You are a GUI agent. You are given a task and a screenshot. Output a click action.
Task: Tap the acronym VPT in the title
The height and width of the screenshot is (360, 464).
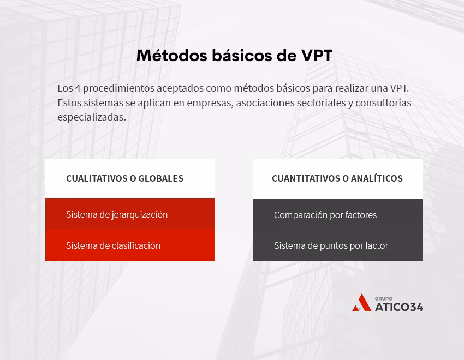(x=317, y=56)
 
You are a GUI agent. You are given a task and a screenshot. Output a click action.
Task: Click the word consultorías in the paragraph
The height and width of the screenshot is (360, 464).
(x=384, y=103)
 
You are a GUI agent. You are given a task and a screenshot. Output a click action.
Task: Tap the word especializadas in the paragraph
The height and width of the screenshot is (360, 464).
(x=91, y=117)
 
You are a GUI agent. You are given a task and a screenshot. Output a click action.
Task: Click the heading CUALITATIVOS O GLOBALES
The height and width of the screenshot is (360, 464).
(x=124, y=178)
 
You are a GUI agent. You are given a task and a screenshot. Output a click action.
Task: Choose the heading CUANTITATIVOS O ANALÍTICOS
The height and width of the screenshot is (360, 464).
(x=337, y=178)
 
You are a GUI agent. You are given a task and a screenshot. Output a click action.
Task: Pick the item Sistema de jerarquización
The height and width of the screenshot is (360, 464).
(x=117, y=214)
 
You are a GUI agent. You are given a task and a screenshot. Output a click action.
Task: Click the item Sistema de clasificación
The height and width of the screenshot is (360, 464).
(x=113, y=245)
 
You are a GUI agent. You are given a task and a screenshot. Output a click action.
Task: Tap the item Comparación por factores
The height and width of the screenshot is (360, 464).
(x=325, y=215)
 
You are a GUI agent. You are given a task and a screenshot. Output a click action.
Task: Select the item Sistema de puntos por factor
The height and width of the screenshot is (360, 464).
(x=331, y=245)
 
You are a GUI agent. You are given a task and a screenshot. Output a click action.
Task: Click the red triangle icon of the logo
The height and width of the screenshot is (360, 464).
(x=361, y=303)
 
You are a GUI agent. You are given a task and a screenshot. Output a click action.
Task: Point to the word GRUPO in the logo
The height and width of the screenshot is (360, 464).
(x=384, y=298)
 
